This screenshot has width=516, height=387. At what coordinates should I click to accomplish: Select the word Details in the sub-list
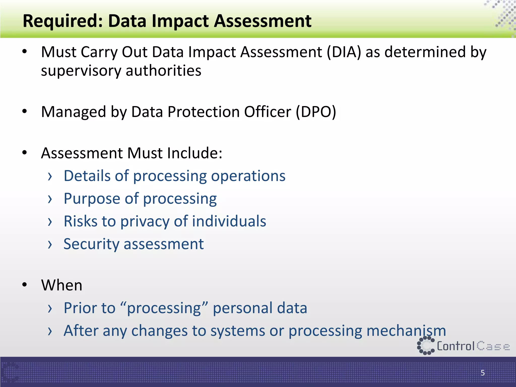pyautogui.click(x=87, y=176)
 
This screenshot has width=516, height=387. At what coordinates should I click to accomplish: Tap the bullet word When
pyautogui.click(x=62, y=285)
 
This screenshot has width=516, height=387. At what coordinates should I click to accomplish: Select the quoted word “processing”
pyautogui.click(x=164, y=308)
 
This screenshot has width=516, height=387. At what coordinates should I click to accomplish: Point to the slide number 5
pyautogui.click(x=482, y=373)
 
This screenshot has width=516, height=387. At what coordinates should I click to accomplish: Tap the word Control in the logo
pyautogui.click(x=456, y=346)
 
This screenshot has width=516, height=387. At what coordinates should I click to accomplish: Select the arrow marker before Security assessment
pyautogui.click(x=50, y=244)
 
